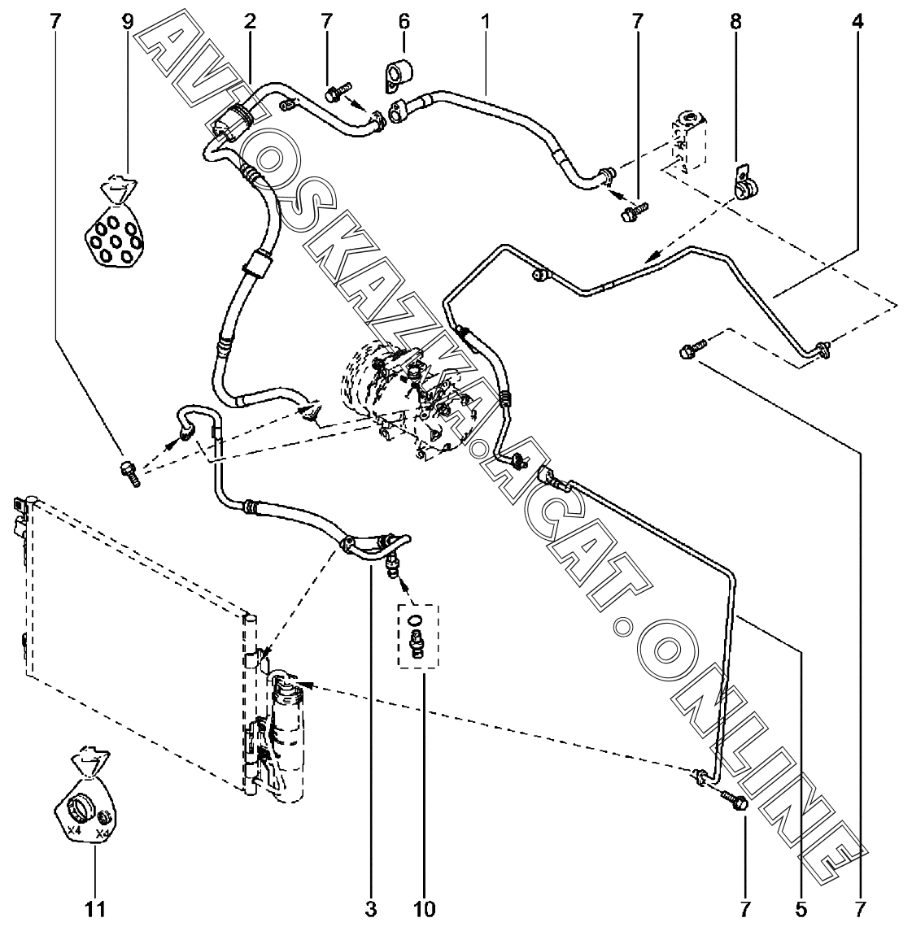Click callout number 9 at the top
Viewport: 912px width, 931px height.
pos(128,22)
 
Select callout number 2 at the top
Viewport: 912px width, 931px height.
pos(249,22)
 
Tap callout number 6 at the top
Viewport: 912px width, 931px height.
pos(404,22)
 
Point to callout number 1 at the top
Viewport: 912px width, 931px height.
pos(485,22)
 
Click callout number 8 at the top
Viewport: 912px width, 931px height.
pos(735,22)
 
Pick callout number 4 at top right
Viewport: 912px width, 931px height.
pos(857,22)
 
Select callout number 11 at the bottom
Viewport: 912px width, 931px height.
pos(95,908)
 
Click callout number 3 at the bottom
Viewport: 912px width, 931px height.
pos(371,908)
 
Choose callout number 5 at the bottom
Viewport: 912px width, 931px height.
pos(801,908)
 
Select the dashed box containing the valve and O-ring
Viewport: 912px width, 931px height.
pos(417,635)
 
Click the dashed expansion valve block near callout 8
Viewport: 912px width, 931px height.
pos(687,141)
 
